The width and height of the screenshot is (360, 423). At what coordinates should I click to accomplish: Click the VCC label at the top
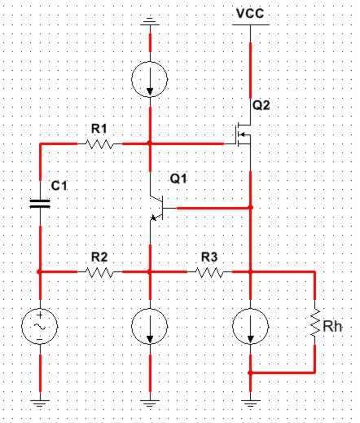coord(250,14)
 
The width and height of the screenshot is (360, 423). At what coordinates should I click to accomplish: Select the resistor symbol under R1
coord(99,144)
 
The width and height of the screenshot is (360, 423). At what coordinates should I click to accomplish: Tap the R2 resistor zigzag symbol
coord(99,272)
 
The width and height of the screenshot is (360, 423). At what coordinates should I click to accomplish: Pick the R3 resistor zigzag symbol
coord(209,272)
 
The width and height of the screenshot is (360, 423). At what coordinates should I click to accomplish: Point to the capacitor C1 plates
coord(40,204)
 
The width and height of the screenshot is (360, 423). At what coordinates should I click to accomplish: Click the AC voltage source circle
coord(40,326)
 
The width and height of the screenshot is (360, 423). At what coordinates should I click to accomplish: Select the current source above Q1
coord(150,79)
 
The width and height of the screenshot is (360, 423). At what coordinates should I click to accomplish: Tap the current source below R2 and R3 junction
coord(150,326)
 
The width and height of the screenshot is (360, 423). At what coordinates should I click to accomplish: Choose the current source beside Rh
coord(251,326)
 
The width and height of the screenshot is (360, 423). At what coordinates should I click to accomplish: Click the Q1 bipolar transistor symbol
coord(157,208)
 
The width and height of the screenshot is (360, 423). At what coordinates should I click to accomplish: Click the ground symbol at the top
coord(150,22)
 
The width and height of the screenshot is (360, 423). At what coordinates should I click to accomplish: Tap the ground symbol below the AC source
coord(40,403)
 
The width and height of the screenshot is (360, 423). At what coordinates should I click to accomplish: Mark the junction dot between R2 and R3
coord(150,271)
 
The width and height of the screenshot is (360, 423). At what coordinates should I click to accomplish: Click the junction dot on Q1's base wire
coord(251,208)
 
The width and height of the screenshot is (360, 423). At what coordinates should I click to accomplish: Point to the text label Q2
coord(261,105)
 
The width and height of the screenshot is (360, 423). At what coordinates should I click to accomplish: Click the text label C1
coord(59,186)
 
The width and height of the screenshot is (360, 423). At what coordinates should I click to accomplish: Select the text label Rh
coord(332,326)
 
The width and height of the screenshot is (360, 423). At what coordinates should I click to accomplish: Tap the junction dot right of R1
coord(150,143)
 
